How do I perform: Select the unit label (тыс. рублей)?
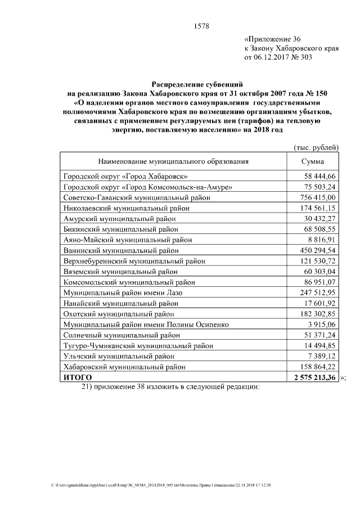tap(316, 147)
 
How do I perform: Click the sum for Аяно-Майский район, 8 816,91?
tap(321, 238)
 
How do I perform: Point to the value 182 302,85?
tap(317, 313)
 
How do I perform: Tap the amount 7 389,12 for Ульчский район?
tap(321, 356)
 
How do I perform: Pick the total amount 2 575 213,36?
tap(313, 377)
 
